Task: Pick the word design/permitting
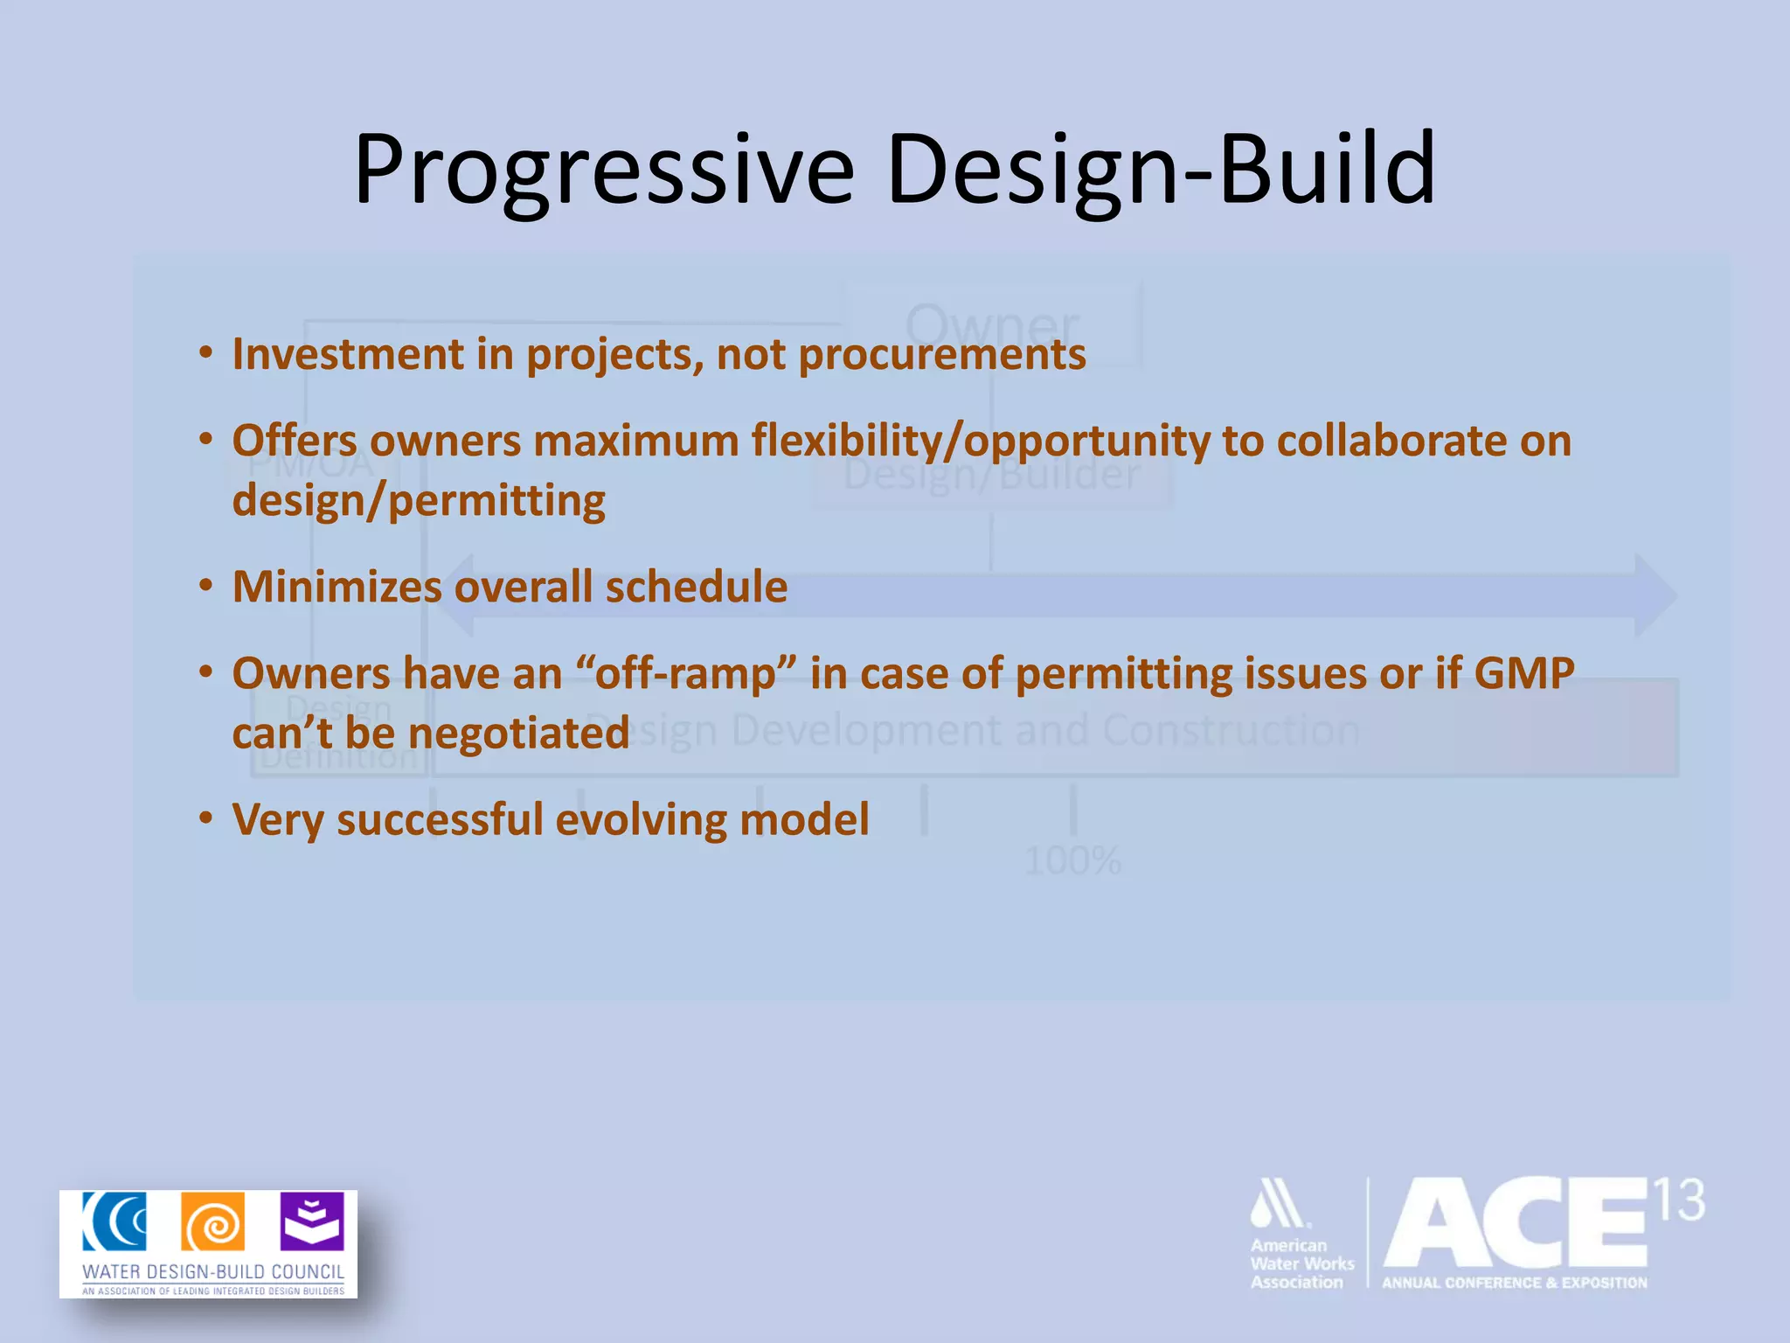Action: coord(419,501)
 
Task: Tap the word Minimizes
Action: coord(336,587)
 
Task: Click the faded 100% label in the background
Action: coord(1072,861)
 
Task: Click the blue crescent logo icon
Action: coord(114,1221)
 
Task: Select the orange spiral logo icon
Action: coord(213,1221)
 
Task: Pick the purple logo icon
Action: coord(312,1221)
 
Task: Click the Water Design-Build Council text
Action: coord(213,1271)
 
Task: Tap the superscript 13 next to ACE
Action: coord(1680,1200)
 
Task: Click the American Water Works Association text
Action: coord(1301,1263)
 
